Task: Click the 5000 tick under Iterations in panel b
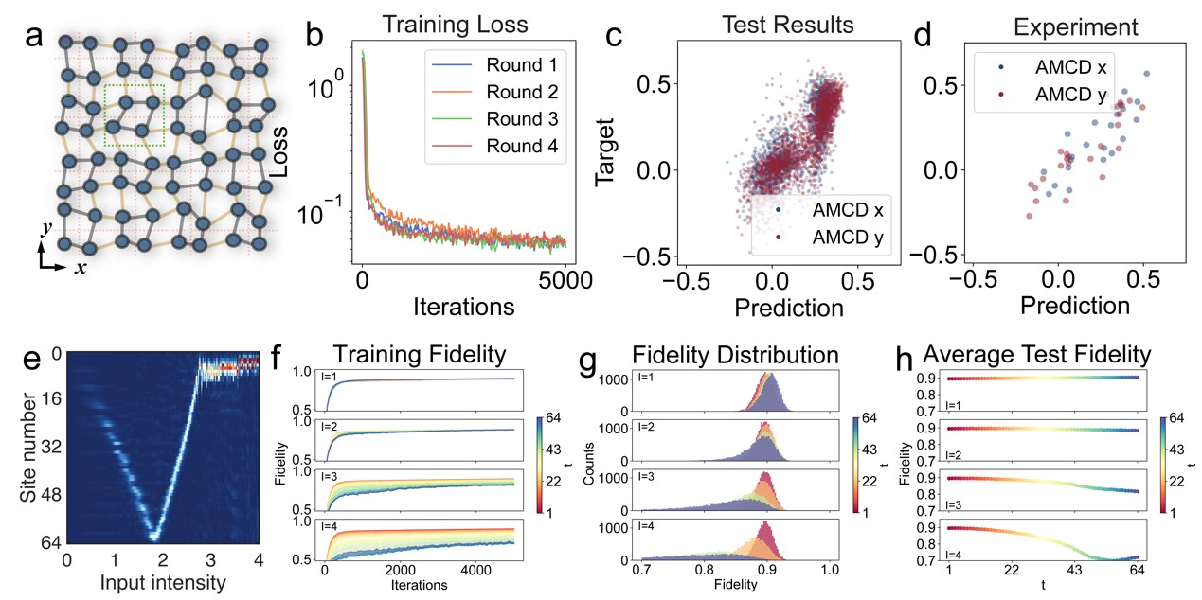click(566, 280)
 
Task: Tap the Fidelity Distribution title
click(736, 356)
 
